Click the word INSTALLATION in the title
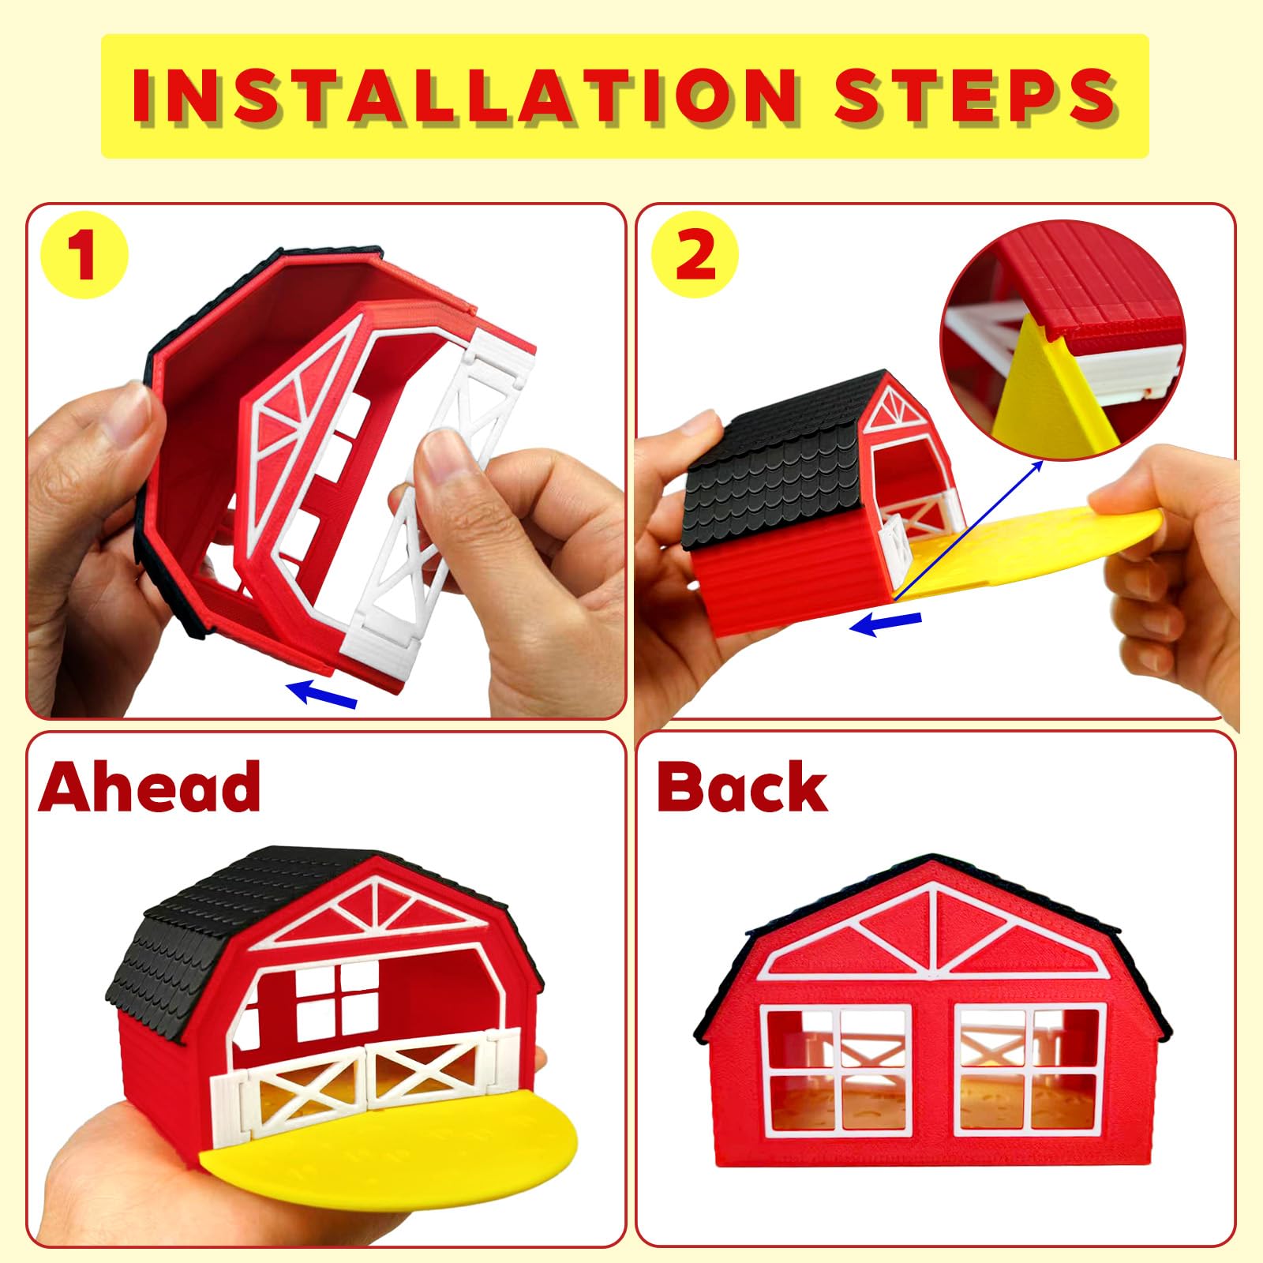tap(465, 96)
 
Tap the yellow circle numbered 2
tap(695, 254)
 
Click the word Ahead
tap(149, 786)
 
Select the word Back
tap(742, 786)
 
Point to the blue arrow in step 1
tap(321, 692)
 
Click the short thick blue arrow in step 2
tap(885, 624)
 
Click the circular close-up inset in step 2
tap(1062, 339)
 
